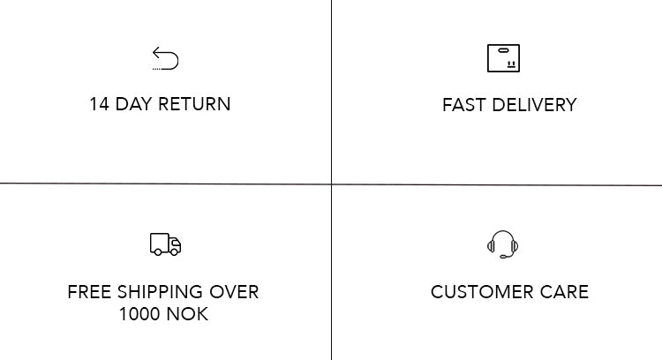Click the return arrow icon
point(166,58)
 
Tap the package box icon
point(503,58)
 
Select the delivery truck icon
point(166,244)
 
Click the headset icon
point(502,244)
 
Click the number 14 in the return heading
point(100,104)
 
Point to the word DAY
point(133,104)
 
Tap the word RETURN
point(195,104)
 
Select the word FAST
point(464,105)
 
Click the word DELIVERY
point(535,105)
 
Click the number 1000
point(139,314)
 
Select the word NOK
point(187,314)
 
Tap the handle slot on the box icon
point(503,50)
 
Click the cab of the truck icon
point(176,244)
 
